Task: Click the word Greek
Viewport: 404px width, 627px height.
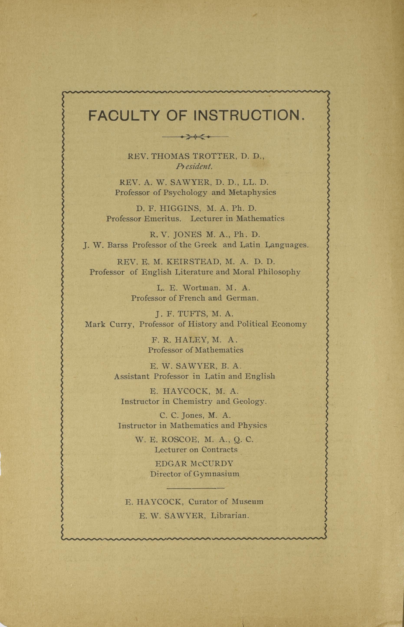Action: pyautogui.click(x=206, y=245)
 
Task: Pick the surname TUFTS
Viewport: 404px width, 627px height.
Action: pyautogui.click(x=192, y=314)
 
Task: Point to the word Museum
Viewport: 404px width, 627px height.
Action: pyautogui.click(x=247, y=502)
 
